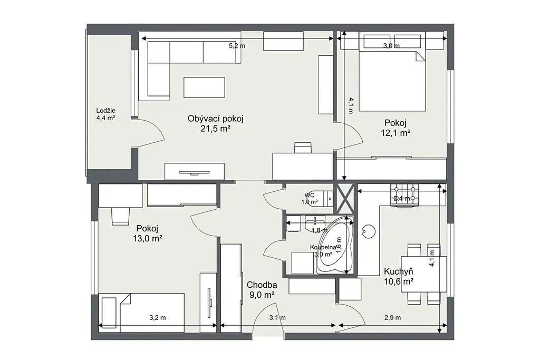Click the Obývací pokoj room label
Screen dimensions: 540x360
[216, 119]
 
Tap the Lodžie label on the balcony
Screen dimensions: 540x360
[105, 111]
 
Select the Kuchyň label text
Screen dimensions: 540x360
[399, 272]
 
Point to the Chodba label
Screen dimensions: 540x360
[262, 285]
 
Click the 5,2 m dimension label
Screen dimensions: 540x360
[237, 45]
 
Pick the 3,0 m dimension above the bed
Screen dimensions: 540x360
[392, 45]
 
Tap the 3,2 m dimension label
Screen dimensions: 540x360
[157, 318]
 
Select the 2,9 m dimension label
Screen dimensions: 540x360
[392, 318]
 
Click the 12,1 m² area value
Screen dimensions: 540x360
[396, 133]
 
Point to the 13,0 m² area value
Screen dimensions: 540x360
[148, 238]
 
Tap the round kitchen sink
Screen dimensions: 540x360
[368, 231]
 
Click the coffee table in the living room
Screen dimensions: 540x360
[204, 87]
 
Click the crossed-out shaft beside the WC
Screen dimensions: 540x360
[345, 199]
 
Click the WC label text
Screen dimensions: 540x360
[309, 195]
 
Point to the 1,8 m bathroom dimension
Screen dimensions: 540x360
[320, 230]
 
